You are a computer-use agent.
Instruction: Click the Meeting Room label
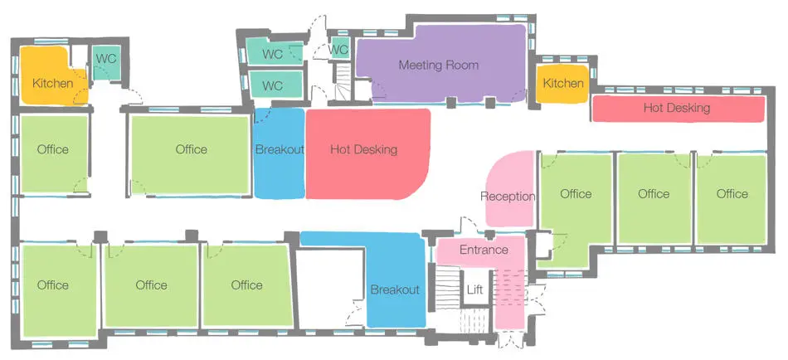pyautogui.click(x=438, y=65)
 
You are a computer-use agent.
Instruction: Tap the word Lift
pyautogui.click(x=474, y=289)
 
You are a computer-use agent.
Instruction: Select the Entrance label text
pyautogui.click(x=484, y=250)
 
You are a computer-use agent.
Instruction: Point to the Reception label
pyautogui.click(x=508, y=196)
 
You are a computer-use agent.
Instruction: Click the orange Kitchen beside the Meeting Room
pyautogui.click(x=563, y=84)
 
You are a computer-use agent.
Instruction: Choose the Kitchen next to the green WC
pyautogui.click(x=53, y=75)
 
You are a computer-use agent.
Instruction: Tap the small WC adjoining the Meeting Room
pyautogui.click(x=338, y=49)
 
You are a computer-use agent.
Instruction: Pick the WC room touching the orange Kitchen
pyautogui.click(x=105, y=62)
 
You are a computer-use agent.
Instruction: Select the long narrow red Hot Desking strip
pyautogui.click(x=678, y=109)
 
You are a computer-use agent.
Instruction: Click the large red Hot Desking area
pyautogui.click(x=367, y=153)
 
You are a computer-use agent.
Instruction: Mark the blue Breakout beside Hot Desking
pyautogui.click(x=280, y=153)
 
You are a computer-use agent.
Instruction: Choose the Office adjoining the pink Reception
pyautogui.click(x=576, y=207)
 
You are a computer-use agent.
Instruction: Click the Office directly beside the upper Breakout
pyautogui.click(x=191, y=154)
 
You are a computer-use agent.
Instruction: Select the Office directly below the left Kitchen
pyautogui.click(x=54, y=153)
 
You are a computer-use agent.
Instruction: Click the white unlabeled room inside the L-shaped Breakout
pyautogui.click(x=331, y=289)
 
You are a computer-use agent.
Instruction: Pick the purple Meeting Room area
pyautogui.click(x=441, y=63)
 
